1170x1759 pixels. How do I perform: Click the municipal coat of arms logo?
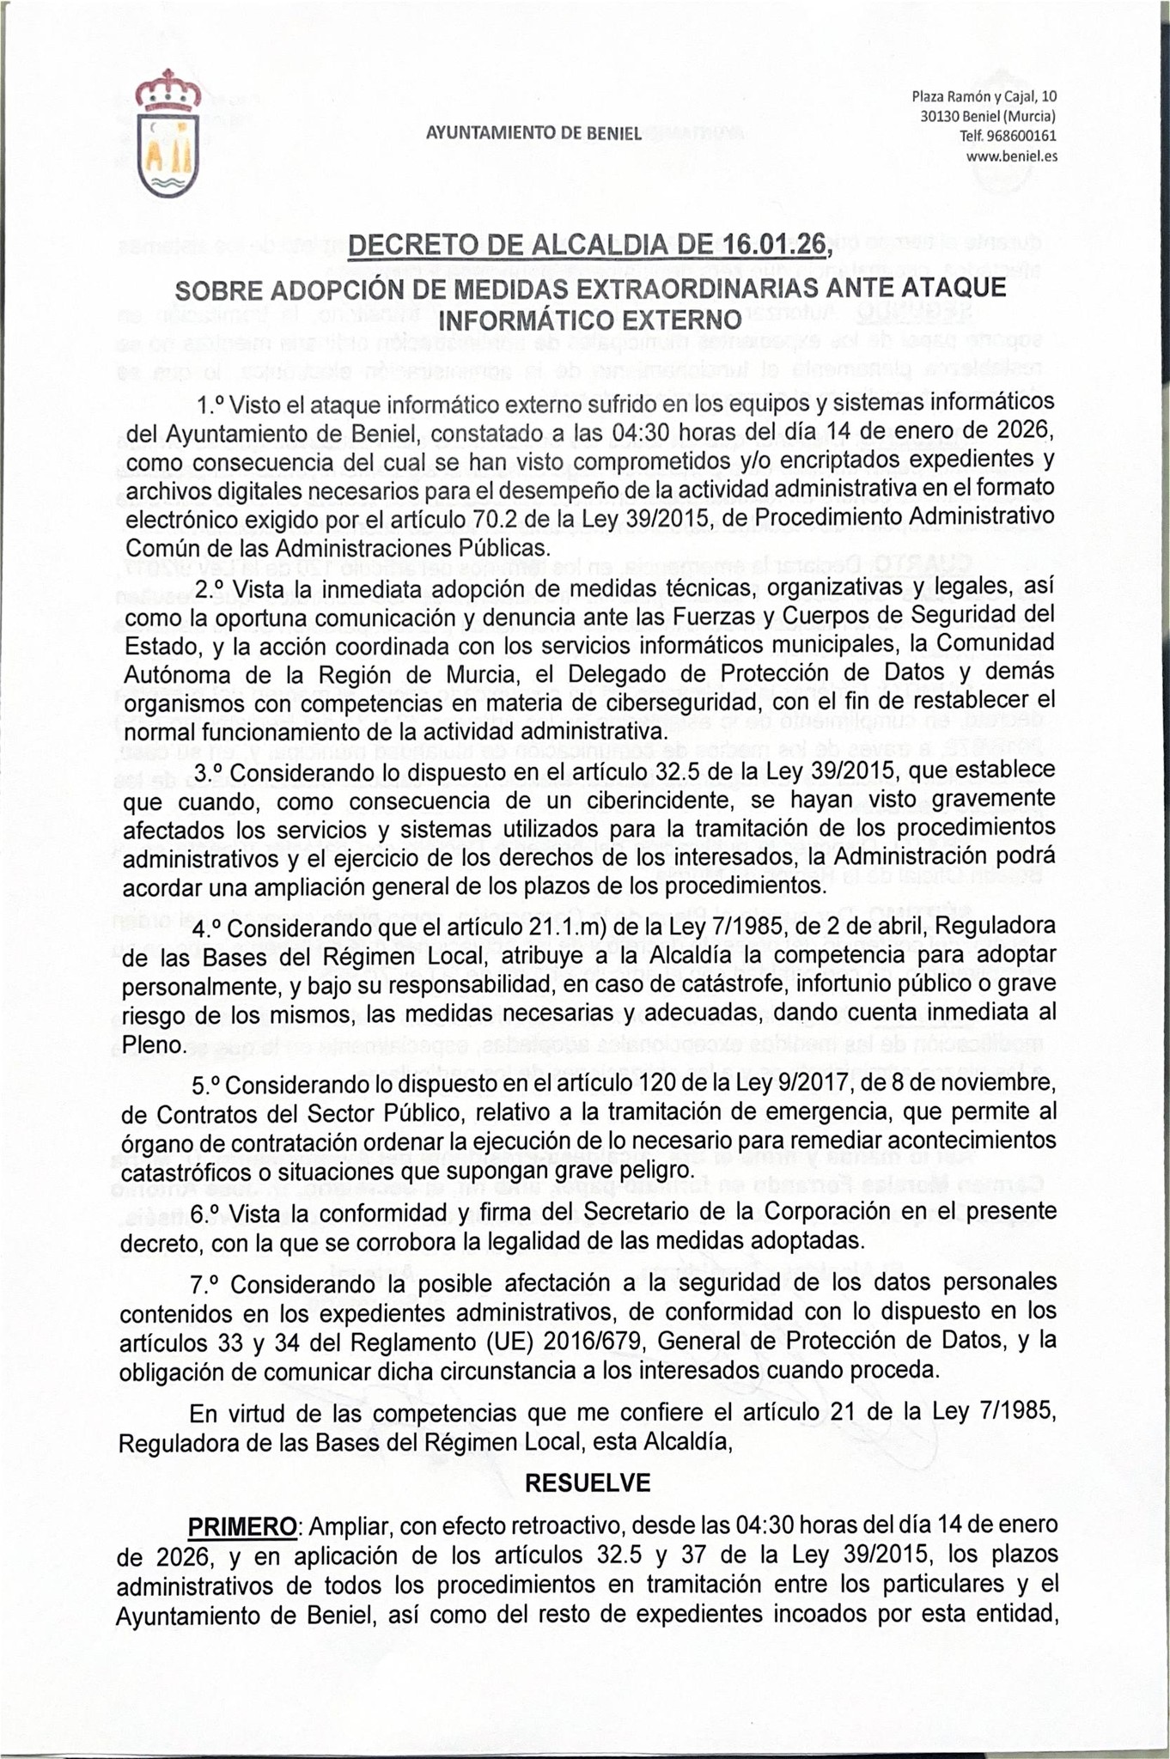168,134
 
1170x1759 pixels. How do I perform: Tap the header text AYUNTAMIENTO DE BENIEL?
533,134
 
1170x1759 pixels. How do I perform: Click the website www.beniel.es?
1011,156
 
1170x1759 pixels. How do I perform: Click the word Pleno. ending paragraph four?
153,1044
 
